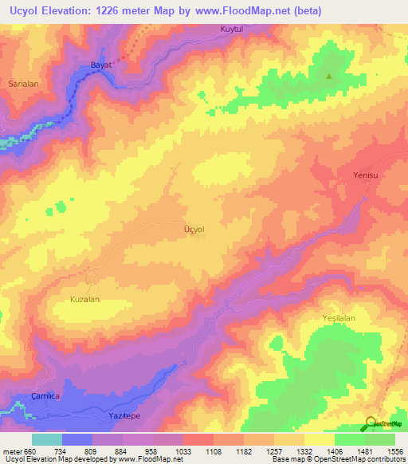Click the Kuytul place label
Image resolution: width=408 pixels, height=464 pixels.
click(231, 30)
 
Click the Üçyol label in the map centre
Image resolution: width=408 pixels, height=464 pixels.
click(194, 230)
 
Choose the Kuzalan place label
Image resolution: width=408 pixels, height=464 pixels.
click(84, 299)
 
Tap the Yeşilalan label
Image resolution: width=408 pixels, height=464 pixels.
click(338, 317)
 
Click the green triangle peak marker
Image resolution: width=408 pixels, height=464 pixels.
click(329, 77)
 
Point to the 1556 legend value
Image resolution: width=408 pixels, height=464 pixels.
click(395, 450)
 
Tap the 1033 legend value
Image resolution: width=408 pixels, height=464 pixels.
click(183, 450)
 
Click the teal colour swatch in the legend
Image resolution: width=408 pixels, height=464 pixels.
click(47, 439)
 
